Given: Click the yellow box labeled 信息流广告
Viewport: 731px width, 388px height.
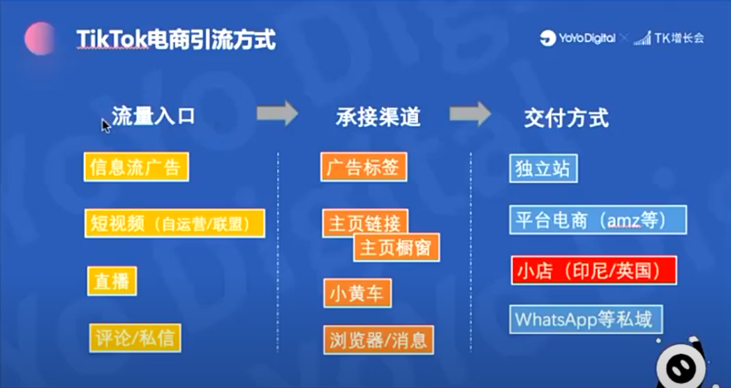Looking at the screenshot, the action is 136,167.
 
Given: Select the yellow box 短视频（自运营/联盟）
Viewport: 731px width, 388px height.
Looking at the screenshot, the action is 175,223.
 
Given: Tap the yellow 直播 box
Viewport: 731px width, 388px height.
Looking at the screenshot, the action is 112,281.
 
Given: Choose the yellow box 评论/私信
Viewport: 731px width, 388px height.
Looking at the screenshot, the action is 135,338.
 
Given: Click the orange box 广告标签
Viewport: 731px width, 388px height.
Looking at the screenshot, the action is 364,167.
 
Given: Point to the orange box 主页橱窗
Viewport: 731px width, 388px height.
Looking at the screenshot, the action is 397,247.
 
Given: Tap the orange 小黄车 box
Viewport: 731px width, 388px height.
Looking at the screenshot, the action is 357,293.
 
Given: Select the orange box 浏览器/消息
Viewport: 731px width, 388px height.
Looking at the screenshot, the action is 378,340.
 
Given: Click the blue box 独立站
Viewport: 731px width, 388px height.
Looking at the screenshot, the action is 543,168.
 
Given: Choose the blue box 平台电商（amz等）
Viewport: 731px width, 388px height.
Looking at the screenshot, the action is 598,219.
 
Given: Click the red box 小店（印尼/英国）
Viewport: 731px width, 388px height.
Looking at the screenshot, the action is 594,270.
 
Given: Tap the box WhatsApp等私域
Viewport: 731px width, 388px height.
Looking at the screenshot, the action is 586,320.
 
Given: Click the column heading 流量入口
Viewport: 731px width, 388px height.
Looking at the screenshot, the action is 154,117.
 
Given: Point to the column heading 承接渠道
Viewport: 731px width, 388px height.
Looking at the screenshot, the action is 378,118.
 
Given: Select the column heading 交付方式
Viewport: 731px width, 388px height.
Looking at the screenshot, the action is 566,119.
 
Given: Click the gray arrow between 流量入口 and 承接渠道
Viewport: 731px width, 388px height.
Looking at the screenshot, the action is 277,113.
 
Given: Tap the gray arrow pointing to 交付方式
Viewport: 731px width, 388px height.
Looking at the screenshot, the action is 471,114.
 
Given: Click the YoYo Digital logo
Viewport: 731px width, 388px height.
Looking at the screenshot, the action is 577,38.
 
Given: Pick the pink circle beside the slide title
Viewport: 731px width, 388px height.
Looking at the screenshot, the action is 40,38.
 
